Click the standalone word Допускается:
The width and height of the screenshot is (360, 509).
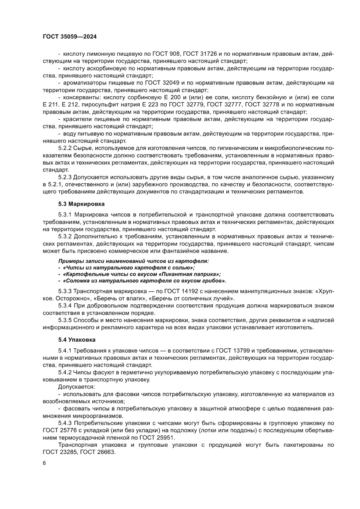[x=73, y=387]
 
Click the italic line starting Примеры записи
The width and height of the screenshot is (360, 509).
[x=133, y=260]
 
